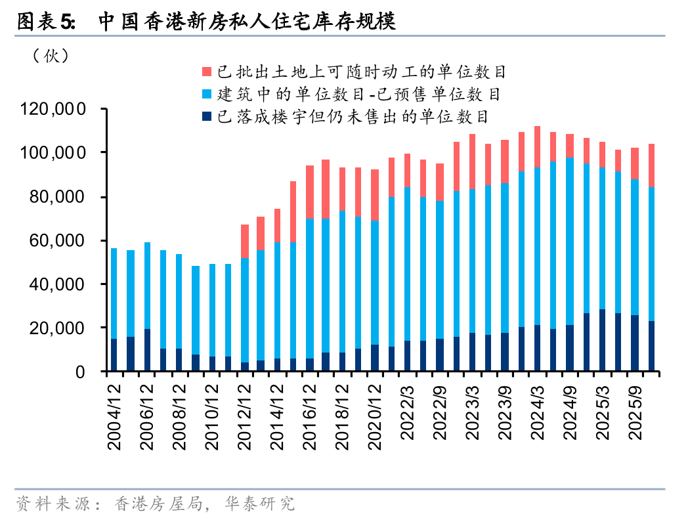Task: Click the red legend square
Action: (x=207, y=72)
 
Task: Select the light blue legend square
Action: (x=207, y=95)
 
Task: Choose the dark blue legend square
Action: (x=207, y=118)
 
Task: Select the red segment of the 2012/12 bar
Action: (x=245, y=241)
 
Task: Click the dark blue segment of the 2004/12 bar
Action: (x=114, y=355)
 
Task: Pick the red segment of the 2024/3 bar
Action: (x=537, y=146)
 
